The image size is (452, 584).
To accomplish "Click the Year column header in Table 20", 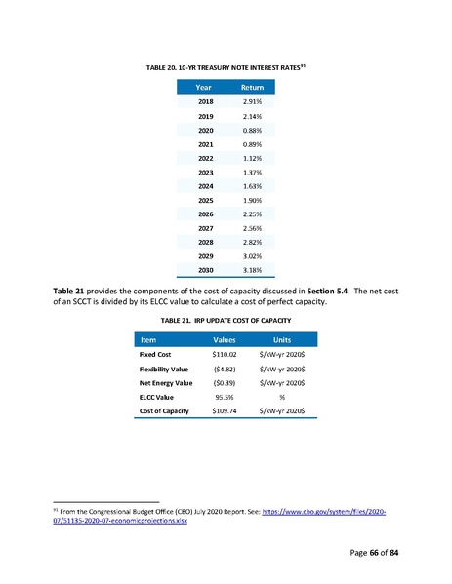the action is click(206, 86).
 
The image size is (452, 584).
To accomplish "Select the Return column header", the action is click(252, 86).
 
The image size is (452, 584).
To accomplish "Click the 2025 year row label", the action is click(206, 199).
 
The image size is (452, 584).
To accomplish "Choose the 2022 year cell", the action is click(206, 157).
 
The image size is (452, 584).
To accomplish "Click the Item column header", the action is click(152, 340).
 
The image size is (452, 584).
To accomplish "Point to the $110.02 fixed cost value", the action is click(226, 356).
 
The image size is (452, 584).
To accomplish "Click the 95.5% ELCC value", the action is click(226, 398).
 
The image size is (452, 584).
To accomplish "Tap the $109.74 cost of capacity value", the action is click(226, 412).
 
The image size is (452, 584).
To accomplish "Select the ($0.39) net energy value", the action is click(226, 384).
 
